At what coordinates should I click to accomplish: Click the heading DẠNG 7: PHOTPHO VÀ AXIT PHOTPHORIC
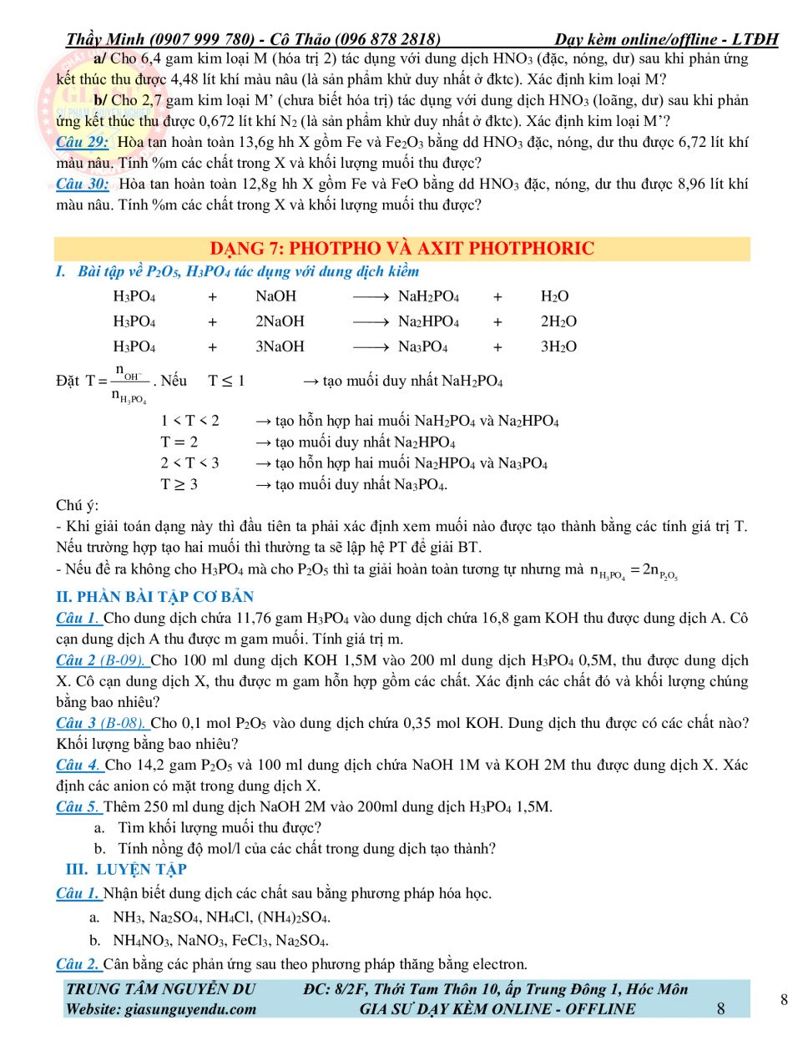pos(401,249)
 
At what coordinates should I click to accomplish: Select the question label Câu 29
pos(82,142)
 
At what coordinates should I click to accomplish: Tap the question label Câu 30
pos(82,184)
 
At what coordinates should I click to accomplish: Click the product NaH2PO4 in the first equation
pos(428,296)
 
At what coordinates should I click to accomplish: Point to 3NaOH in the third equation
pos(280,346)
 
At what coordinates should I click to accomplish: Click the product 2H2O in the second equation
pos(558,321)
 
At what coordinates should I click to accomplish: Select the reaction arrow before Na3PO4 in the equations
pos(371,346)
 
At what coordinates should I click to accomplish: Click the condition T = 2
pos(179,442)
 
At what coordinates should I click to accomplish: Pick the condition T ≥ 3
pos(179,484)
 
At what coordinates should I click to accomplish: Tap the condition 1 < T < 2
pos(190,421)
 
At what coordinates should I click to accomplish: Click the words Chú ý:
pos(77,505)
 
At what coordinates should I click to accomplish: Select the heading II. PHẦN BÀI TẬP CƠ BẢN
pos(154,597)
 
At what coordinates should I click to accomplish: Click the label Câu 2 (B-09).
pos(101,660)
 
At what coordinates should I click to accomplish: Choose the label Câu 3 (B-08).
pos(101,723)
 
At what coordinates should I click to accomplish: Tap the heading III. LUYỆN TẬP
pos(126,869)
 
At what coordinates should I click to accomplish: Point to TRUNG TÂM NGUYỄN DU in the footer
pos(160,989)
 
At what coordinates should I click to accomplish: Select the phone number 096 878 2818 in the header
pos(387,39)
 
